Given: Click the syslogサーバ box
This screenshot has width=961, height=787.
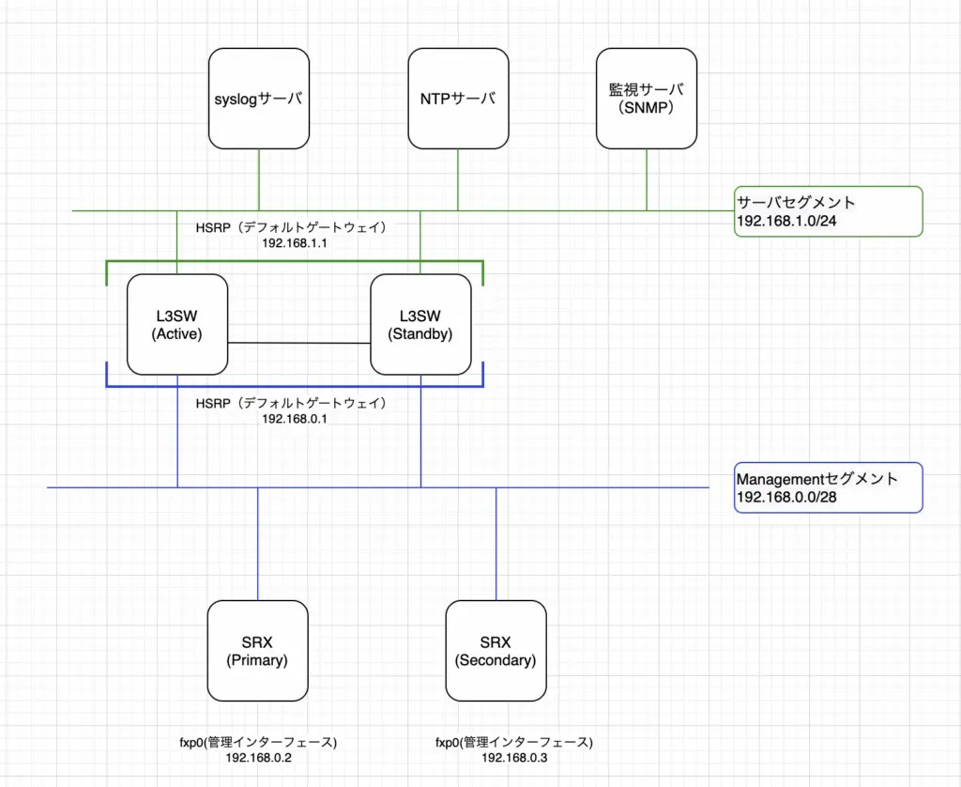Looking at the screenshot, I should point(258,99).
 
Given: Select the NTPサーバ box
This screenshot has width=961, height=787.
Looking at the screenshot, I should point(458,99).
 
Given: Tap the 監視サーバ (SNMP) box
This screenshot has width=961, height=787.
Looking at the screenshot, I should point(647,99).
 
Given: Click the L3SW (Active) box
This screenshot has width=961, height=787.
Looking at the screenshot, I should point(176,324).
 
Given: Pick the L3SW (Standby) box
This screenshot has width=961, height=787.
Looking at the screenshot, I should point(420,324).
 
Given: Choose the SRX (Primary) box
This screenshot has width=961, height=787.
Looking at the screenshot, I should point(257,651).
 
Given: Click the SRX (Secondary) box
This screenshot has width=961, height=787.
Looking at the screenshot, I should point(496,651).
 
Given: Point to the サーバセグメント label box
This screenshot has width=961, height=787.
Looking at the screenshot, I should point(829,211).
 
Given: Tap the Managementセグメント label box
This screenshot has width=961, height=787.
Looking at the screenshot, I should point(829,487).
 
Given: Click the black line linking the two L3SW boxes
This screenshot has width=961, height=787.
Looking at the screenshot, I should point(298,343).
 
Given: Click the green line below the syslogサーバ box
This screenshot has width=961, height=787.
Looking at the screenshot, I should point(258,178).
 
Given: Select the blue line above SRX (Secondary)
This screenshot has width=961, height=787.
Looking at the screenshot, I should point(496,545).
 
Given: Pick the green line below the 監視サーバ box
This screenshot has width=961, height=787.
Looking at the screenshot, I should point(647,178).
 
